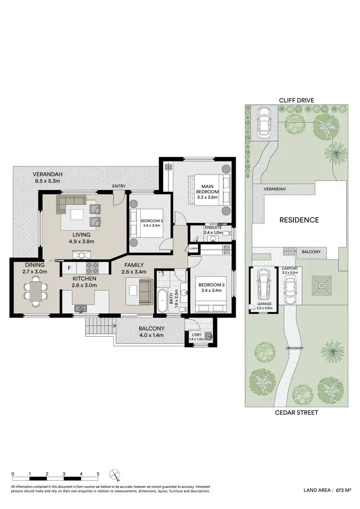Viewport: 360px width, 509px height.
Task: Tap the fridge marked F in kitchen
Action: (69, 268)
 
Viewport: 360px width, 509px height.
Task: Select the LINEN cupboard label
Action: (193, 249)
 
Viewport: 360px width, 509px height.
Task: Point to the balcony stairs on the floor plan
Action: (101, 330)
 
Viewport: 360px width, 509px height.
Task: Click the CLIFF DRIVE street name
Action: (297, 100)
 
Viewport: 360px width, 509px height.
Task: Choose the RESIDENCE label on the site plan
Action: (299, 220)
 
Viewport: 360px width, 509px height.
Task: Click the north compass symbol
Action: (114, 475)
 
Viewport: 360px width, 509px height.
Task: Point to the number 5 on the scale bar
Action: (98, 474)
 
